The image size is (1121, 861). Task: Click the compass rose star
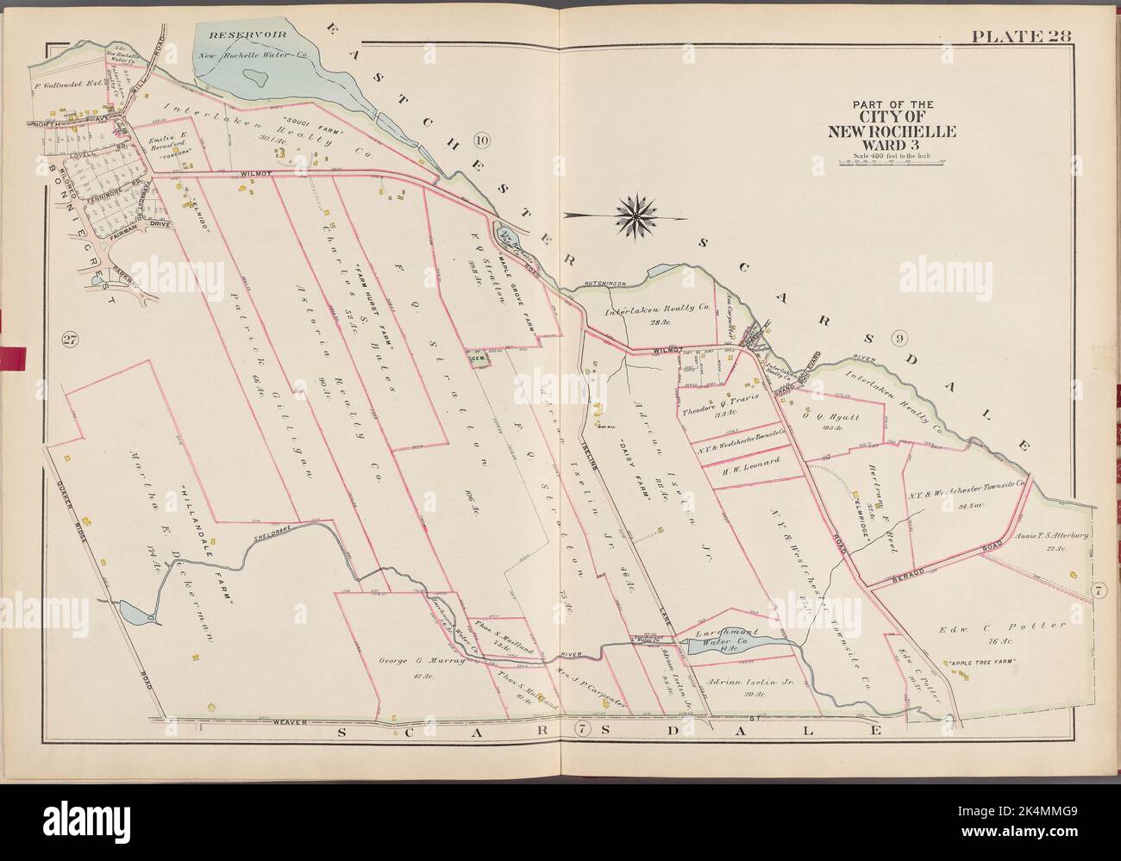click(636, 215)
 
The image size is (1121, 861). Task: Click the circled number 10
click(482, 140)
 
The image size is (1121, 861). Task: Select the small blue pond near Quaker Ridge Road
click(135, 614)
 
